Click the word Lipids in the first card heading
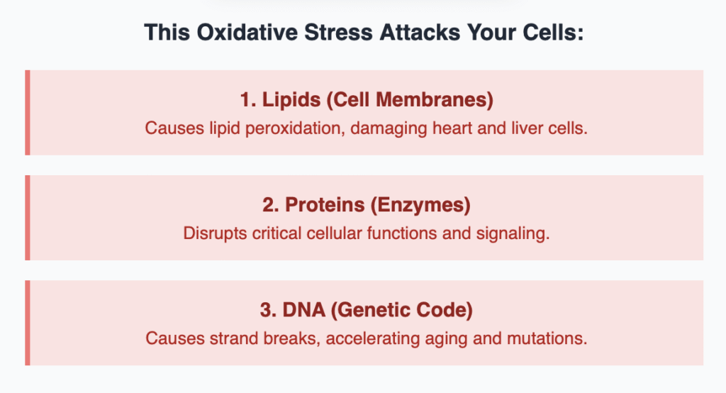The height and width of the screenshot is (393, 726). point(291,100)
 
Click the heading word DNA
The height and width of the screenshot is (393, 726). point(298,310)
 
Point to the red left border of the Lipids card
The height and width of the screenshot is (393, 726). point(27,113)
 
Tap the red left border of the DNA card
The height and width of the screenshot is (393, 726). point(27,323)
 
